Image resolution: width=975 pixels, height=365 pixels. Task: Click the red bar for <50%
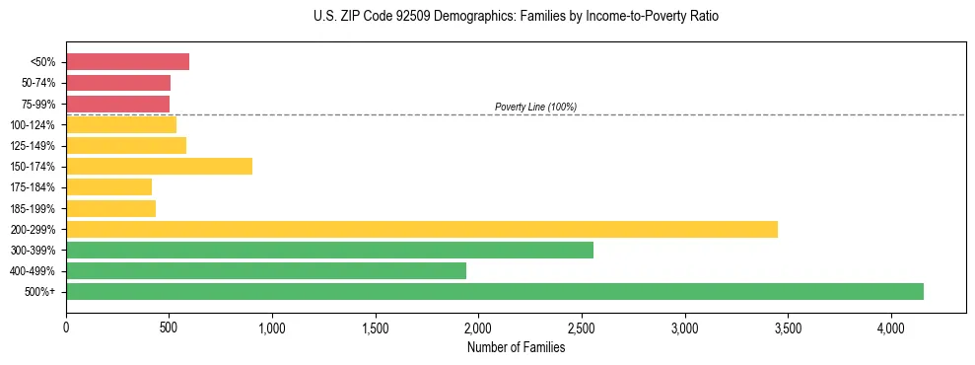pos(127,62)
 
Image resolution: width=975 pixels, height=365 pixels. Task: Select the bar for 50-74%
pos(118,83)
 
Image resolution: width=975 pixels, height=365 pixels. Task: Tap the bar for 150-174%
pos(159,167)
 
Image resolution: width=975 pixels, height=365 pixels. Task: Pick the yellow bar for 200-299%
pos(422,229)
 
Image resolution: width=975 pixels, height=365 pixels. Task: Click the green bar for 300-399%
pos(329,250)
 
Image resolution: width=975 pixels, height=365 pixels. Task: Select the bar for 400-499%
pos(266,270)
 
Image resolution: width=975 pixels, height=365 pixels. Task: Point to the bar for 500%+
pos(495,291)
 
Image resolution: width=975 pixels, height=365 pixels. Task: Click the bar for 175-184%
pos(108,187)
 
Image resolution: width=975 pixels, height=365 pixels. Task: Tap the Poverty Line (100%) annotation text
pos(535,107)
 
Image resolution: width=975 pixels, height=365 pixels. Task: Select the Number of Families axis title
pos(516,347)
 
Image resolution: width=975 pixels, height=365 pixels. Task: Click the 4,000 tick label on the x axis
pos(891,328)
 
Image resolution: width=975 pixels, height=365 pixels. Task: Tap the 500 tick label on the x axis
pos(169,328)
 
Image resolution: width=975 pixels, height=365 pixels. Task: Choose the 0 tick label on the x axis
pos(66,328)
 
